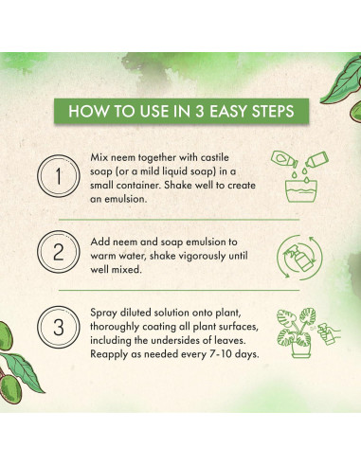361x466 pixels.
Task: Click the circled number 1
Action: [x=59, y=176]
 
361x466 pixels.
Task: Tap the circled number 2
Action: [x=59, y=252]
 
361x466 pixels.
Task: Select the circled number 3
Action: [x=59, y=327]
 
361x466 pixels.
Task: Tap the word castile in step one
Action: [x=214, y=157]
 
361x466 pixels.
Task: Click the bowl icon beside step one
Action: [x=301, y=190]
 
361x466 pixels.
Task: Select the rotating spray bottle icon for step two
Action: [x=299, y=258]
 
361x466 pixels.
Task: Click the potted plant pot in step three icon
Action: [x=301, y=349]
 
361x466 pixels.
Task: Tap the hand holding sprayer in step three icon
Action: [x=330, y=333]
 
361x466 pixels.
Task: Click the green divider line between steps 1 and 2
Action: [x=179, y=219]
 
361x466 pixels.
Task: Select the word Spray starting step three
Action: [x=103, y=313]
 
